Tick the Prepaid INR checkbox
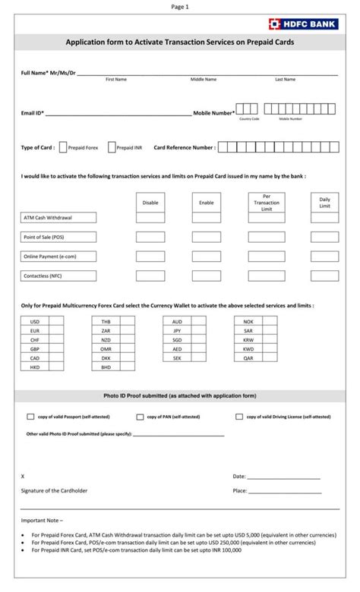[x=112, y=148]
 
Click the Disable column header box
[x=150, y=203]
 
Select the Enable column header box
[x=207, y=203]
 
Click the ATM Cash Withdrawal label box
[x=58, y=218]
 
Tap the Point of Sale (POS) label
[x=58, y=238]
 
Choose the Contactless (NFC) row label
[x=58, y=276]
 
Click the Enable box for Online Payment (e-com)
[x=207, y=257]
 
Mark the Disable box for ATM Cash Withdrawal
[x=150, y=218]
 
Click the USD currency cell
[x=35, y=322]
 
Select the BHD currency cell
[x=106, y=367]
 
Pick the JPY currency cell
[x=177, y=331]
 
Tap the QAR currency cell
[x=248, y=358]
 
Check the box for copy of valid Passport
[x=31, y=417]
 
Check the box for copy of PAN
[x=141, y=417]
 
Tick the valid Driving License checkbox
[x=239, y=417]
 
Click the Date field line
[x=283, y=477]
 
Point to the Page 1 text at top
[x=180, y=6]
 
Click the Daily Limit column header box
[x=324, y=203]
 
